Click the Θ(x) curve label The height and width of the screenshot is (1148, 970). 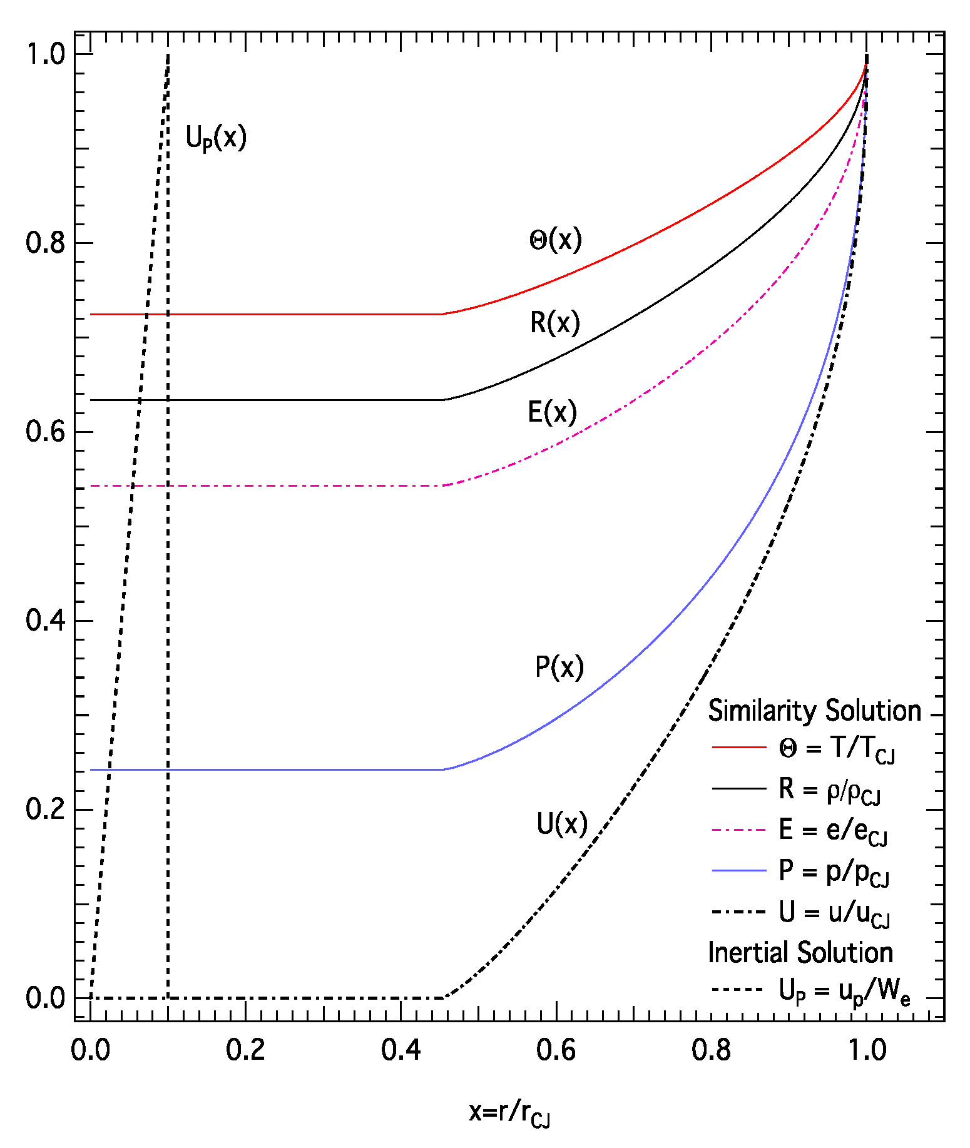pyautogui.click(x=555, y=240)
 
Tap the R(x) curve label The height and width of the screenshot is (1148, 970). pyautogui.click(x=555, y=323)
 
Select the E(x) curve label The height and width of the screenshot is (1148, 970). pyautogui.click(x=552, y=412)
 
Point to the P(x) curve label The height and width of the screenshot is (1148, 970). pyautogui.click(x=559, y=667)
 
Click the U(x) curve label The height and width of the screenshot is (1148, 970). pyautogui.click(x=562, y=824)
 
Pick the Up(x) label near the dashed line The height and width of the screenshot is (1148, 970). pyautogui.click(x=216, y=138)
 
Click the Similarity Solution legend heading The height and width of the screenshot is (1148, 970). pyautogui.click(x=814, y=711)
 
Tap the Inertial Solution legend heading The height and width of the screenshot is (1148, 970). pyautogui.click(x=800, y=952)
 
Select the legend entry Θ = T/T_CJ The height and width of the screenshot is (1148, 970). pyautogui.click(x=836, y=748)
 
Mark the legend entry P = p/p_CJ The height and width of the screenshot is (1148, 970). pyautogui.click(x=834, y=871)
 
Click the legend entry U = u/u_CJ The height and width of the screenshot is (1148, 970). pyautogui.click(x=834, y=913)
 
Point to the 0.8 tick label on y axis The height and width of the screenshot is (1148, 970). pyautogui.click(x=45, y=243)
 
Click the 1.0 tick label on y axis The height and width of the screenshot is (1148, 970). pyautogui.click(x=45, y=54)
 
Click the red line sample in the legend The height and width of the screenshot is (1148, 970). pyautogui.click(x=739, y=748)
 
